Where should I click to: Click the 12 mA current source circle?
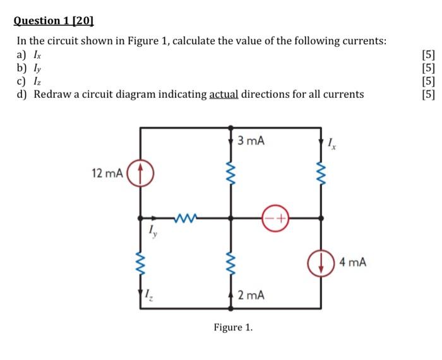tap(140, 172)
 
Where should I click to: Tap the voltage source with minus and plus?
tap(276, 218)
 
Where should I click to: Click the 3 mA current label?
tap(251, 140)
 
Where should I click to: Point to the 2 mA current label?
tap(251, 295)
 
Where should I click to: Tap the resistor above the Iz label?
tap(140, 261)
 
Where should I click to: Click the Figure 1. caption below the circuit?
tap(232, 327)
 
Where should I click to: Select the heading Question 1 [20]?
tap(54, 21)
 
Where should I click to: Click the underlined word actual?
tap(224, 95)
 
